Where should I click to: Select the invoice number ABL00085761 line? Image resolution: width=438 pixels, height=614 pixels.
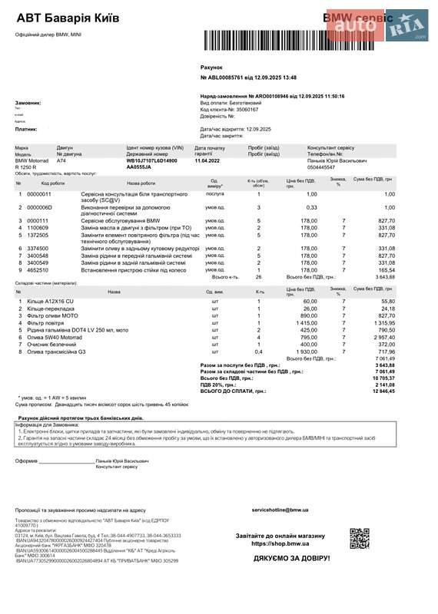(x=248, y=78)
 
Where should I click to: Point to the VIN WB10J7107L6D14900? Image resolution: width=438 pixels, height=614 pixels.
(x=151, y=160)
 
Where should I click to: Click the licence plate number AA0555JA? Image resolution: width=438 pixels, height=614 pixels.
(x=140, y=167)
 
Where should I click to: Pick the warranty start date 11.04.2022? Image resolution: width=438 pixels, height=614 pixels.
(x=207, y=160)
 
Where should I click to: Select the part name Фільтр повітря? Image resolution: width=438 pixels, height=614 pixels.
(x=45, y=323)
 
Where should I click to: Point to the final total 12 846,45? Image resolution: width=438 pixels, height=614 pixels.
(x=382, y=391)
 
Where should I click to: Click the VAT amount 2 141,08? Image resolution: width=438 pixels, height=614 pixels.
(x=384, y=385)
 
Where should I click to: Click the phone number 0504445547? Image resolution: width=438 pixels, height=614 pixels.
(x=321, y=167)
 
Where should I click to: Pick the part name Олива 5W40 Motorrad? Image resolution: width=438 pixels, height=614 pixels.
(x=55, y=337)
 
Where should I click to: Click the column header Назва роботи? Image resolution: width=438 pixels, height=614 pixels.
(x=141, y=183)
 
